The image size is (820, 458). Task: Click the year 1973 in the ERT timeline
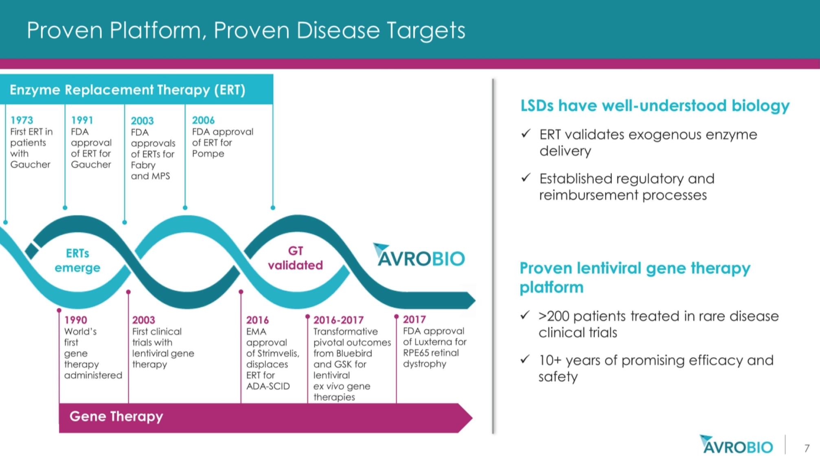coord(22,120)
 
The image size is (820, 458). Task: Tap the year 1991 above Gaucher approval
coord(82,120)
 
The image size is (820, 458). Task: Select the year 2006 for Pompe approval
coord(203,120)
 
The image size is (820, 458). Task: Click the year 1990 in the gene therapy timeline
coord(75,320)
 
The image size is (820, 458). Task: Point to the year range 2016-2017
coord(338,320)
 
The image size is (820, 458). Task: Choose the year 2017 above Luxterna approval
coord(414,320)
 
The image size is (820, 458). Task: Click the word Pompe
coord(208,154)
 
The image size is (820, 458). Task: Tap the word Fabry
coord(143,165)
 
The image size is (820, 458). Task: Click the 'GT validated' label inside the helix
coord(295,258)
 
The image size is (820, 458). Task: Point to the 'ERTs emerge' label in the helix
coord(77,260)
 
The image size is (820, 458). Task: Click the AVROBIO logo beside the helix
coord(419,255)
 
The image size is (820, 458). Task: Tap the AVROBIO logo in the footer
coord(736,445)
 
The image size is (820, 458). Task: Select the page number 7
coord(807,448)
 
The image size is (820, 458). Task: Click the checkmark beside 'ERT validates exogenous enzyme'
coord(526,133)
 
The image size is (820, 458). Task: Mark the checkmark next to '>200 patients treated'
coord(525,315)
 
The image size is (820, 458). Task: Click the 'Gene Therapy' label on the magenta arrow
coord(116,417)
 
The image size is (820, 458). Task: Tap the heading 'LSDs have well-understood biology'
coord(655,106)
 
